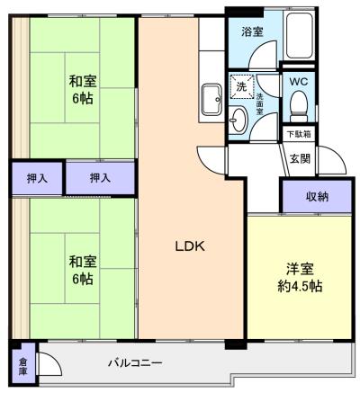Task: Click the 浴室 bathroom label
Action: (251, 32)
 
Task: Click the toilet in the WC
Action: (299, 106)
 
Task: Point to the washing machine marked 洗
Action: (240, 87)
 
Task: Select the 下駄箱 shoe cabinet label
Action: (298, 135)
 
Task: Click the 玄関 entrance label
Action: (300, 160)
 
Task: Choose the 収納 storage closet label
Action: (316, 196)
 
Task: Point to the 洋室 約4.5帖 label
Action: (300, 276)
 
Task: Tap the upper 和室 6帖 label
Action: (83, 88)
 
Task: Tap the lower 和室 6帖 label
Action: (83, 270)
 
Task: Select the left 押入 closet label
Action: (38, 178)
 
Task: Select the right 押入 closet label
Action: (100, 178)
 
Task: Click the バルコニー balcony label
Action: (135, 363)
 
